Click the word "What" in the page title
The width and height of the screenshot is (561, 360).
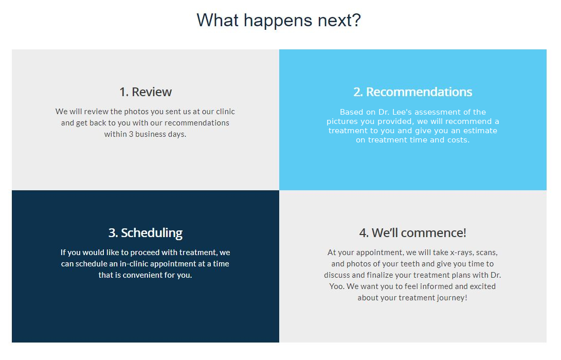click(218, 20)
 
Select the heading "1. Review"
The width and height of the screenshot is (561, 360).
click(146, 92)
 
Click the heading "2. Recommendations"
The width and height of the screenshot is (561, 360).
click(413, 92)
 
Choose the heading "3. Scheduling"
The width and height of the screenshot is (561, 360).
click(146, 233)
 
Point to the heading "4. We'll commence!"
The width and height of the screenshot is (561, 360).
click(412, 233)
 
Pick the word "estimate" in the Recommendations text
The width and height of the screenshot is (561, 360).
click(480, 131)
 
